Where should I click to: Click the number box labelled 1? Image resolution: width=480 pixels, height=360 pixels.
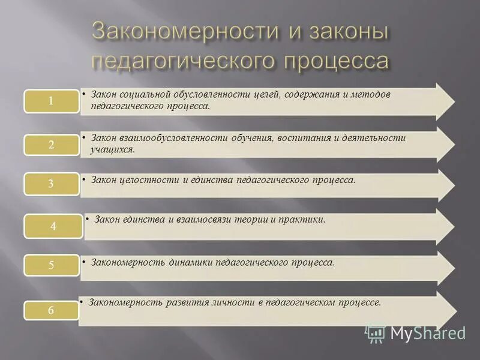[x=51, y=101]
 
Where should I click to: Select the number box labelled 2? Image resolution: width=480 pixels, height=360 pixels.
[x=51, y=145]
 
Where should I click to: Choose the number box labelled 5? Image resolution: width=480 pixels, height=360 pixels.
[x=51, y=265]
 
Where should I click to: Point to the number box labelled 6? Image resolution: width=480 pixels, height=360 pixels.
[x=51, y=310]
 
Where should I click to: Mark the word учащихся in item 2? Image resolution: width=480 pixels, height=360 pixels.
[x=112, y=149]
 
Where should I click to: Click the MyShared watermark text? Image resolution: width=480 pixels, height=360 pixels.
[x=427, y=333]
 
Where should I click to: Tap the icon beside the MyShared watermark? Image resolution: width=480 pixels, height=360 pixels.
[x=375, y=333]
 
